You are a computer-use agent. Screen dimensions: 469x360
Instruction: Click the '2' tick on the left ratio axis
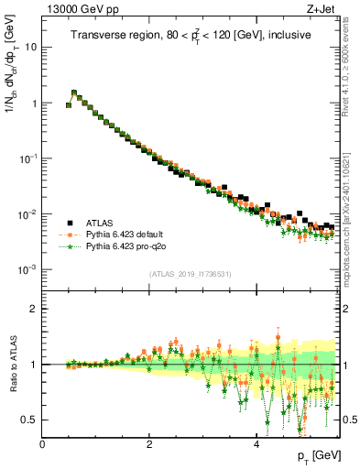click(34, 309)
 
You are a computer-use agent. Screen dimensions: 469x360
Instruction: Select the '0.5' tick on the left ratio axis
click(29, 420)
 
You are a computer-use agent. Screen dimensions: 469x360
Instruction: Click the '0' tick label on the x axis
click(42, 443)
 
